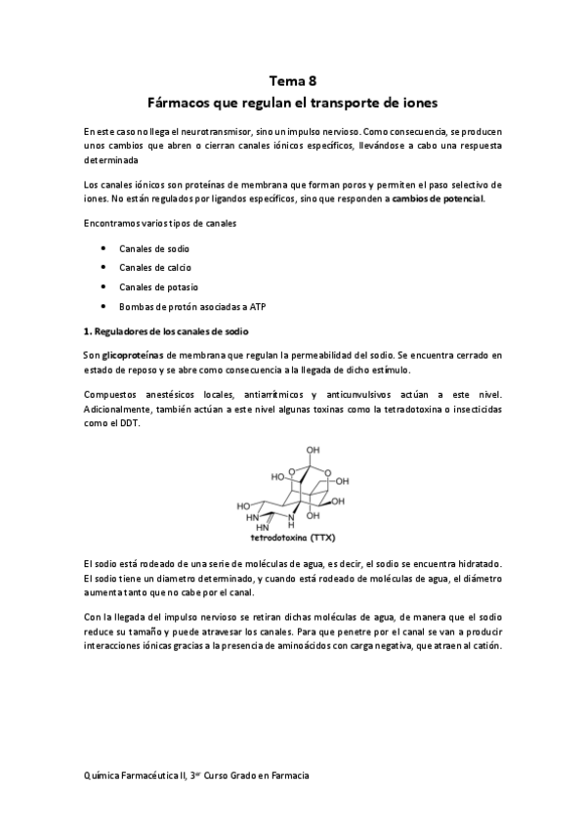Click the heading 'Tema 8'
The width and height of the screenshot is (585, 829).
292,81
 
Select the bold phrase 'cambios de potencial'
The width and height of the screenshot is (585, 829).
437,198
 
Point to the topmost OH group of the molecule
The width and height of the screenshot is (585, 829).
313,451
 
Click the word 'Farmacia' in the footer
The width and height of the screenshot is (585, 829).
290,774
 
